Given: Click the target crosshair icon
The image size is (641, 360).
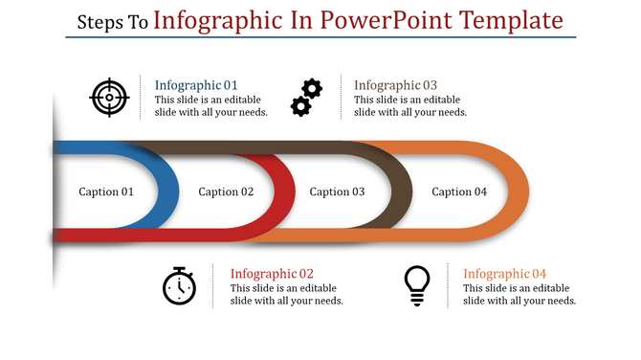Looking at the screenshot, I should (x=108, y=97).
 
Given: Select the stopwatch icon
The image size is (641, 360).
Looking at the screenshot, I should (x=179, y=286).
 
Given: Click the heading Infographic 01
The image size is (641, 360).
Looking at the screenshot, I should (x=196, y=84).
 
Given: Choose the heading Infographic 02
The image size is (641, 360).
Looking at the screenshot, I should (x=272, y=273).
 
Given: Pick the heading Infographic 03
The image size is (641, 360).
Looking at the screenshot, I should (x=395, y=84).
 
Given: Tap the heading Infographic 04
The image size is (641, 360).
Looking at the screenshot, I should (x=505, y=273).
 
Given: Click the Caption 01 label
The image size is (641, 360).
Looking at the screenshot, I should (x=106, y=191).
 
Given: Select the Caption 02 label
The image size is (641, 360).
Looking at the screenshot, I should (x=226, y=191).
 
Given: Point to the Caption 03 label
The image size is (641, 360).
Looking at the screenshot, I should (x=337, y=191).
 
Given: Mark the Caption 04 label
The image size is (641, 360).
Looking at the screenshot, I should (x=459, y=191).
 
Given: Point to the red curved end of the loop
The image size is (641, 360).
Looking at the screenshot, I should (x=284, y=191).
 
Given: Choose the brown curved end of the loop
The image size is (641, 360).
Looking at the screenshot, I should (x=404, y=191).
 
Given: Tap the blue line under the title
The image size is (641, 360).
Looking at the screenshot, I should (x=320, y=37).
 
